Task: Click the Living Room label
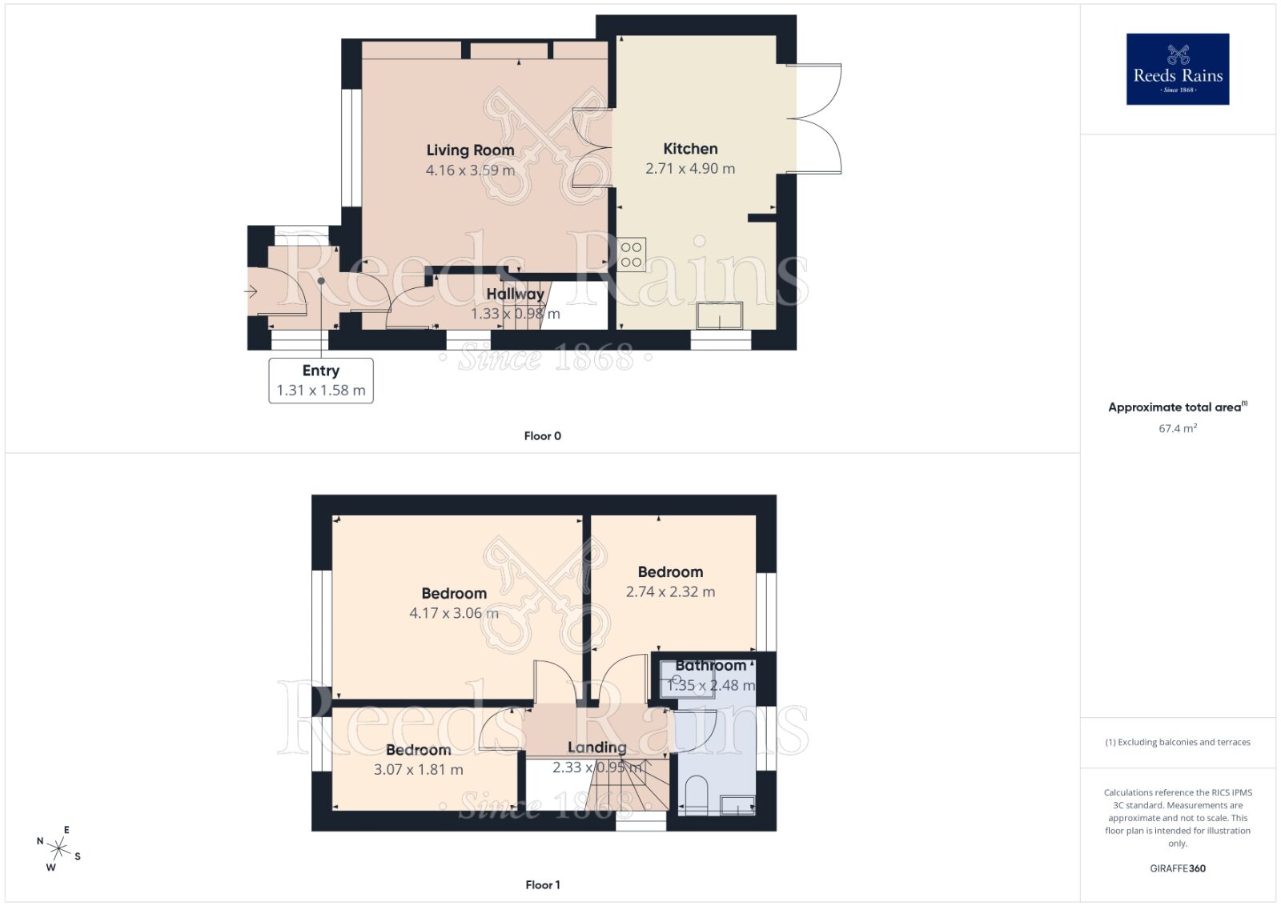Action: click(x=470, y=150)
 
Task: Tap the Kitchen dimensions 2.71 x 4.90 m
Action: click(x=690, y=169)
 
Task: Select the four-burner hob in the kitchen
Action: click(x=631, y=255)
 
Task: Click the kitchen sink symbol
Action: click(x=720, y=315)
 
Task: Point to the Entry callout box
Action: click(x=321, y=380)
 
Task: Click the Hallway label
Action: click(x=515, y=295)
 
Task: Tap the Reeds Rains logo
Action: click(x=1178, y=69)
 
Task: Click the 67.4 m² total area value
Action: click(x=1178, y=428)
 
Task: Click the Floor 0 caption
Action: click(x=543, y=436)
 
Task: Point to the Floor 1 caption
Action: click(x=543, y=885)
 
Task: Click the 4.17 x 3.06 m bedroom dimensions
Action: click(x=454, y=614)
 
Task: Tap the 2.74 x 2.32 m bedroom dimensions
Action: click(x=670, y=592)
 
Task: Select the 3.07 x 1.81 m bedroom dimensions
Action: click(x=418, y=770)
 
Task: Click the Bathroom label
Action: click(x=710, y=666)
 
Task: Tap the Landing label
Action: click(x=597, y=748)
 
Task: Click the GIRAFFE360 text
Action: click(x=1178, y=868)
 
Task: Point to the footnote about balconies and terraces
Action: click(x=1178, y=743)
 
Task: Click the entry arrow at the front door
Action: click(x=251, y=292)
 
